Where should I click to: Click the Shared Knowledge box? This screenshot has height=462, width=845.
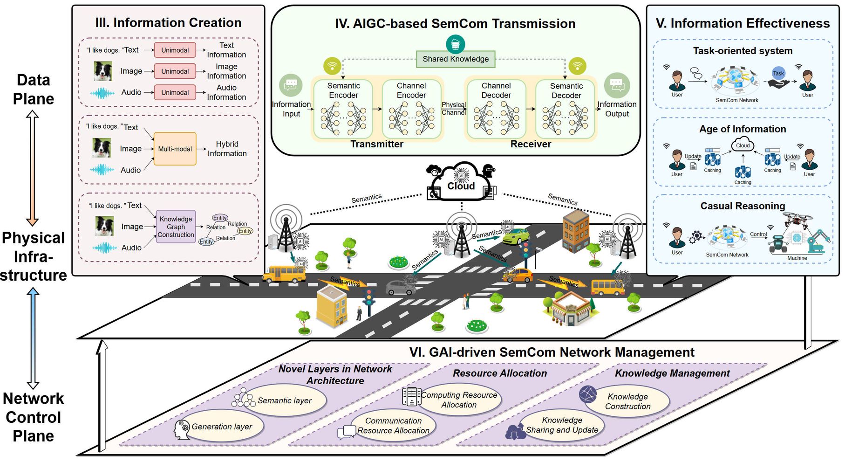[x=455, y=59]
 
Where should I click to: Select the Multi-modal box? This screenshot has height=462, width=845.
[x=175, y=149]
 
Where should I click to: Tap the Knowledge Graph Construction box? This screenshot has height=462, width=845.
[x=176, y=227]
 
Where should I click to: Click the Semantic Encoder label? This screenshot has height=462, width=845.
[x=343, y=90]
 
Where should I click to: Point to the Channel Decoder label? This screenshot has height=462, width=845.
[x=496, y=90]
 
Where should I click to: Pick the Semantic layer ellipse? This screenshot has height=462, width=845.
[x=285, y=400]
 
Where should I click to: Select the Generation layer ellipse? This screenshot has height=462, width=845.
[x=222, y=427]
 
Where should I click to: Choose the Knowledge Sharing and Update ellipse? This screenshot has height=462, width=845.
[x=562, y=425]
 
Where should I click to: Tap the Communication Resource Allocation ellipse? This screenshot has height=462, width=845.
[x=393, y=426]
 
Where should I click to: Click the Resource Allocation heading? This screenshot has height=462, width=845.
[x=500, y=373]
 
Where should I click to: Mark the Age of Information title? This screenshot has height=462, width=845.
[x=743, y=129]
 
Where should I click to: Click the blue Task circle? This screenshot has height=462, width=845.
[x=778, y=73]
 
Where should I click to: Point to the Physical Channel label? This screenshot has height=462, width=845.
[x=454, y=109]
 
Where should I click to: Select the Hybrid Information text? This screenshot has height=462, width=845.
[x=227, y=149]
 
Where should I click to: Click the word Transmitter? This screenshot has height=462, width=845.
[x=377, y=144]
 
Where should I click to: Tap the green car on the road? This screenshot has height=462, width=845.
[x=516, y=236]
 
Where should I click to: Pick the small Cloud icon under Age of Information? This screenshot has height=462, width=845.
[x=743, y=145]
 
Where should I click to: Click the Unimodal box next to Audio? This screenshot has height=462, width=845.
[x=175, y=92]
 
